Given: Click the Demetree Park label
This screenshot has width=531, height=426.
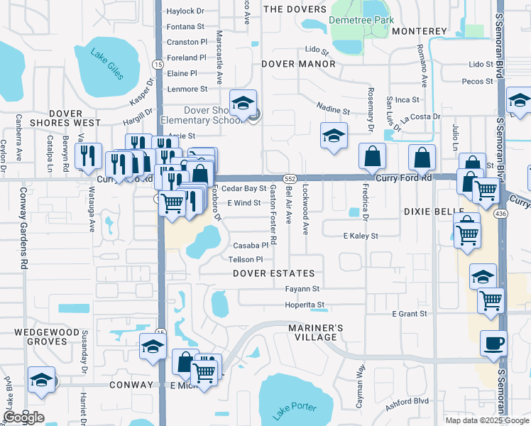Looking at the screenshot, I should click(361, 21).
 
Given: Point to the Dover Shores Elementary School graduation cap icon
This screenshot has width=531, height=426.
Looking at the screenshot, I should click(243, 104).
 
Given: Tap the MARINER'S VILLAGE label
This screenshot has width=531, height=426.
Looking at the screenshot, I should click(316, 332).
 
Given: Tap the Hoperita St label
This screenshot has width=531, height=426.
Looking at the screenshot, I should click(305, 305).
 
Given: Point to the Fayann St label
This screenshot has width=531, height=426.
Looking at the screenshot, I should click(302, 290).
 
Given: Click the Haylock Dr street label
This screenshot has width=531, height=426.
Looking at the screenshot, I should click(185, 11).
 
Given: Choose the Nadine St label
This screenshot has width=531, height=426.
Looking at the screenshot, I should click(334, 111).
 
